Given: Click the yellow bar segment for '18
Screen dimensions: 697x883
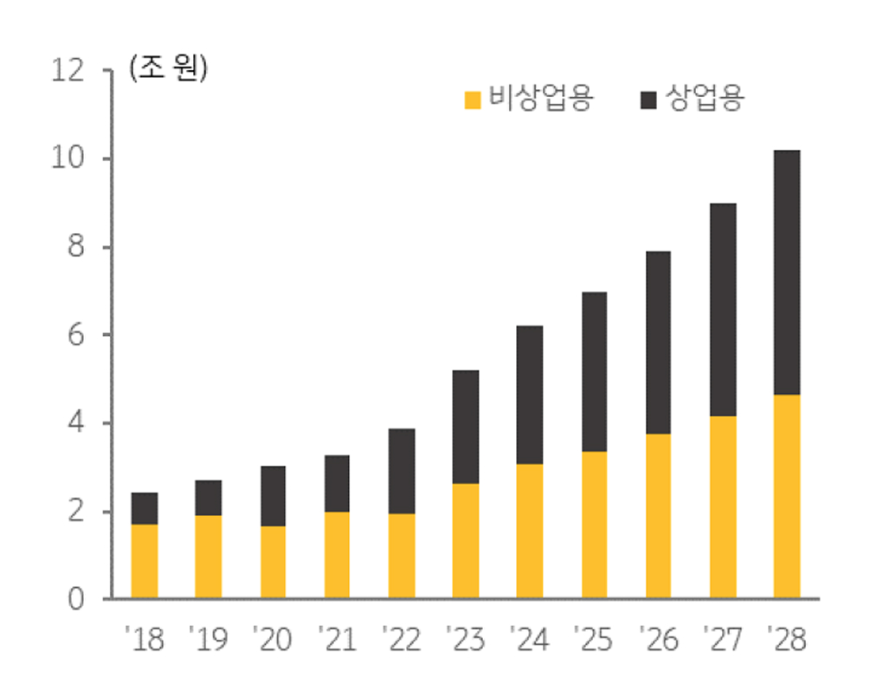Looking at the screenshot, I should pos(145,561).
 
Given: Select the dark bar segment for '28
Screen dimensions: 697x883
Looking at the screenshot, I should pos(787,273).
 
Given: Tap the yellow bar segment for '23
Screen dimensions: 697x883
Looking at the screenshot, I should pos(466,540).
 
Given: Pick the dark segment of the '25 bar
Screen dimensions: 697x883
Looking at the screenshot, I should pos(594,372).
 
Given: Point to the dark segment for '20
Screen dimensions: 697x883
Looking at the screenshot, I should pos(273,496).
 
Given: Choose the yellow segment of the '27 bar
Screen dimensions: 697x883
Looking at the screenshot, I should pos(723,507).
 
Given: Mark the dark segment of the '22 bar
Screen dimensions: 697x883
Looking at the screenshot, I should pos(402,471).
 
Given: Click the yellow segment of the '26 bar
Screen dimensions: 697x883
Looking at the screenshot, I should pos(658,516).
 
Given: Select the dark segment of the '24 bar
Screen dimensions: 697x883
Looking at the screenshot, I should pos(530,395).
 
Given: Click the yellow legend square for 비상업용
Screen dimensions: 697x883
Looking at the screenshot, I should pos(473,100).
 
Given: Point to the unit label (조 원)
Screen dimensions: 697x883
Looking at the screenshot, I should pos(168,69).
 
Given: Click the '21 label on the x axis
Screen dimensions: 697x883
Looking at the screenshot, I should pos(336,641).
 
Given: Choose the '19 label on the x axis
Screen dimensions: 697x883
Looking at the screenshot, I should pos(208,641).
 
